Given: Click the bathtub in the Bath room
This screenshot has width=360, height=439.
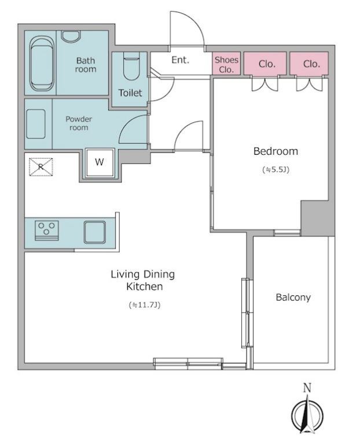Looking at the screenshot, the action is [x=42, y=63].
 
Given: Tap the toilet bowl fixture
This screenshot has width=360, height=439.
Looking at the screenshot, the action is [x=131, y=67].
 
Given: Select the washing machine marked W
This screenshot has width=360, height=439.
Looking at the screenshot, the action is [x=100, y=162].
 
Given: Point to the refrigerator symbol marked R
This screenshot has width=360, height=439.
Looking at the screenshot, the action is [x=41, y=167].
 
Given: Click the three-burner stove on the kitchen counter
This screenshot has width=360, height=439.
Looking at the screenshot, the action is [x=47, y=231].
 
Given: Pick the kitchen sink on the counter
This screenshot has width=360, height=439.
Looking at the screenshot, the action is [x=95, y=232].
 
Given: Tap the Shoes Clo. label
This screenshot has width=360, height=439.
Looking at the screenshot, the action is [x=226, y=64].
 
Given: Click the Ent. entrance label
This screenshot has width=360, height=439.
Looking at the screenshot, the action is [x=180, y=60].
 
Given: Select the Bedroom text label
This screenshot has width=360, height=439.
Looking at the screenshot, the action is [x=275, y=151].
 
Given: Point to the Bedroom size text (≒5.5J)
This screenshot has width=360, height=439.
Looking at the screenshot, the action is [x=275, y=169].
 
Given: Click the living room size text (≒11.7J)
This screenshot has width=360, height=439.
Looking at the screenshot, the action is [x=145, y=305].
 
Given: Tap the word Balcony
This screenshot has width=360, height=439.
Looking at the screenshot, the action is [x=293, y=297].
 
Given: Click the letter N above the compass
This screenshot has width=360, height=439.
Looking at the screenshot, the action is [x=307, y=388].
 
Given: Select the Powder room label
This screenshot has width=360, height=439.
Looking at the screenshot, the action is [x=79, y=123].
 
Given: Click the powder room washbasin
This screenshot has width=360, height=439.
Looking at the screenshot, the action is [x=36, y=124].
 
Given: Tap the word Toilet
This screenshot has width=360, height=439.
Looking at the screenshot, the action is [x=130, y=93].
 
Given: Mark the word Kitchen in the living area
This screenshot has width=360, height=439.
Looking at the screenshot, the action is [x=145, y=287].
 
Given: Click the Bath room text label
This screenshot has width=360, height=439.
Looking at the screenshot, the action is [x=86, y=65].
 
